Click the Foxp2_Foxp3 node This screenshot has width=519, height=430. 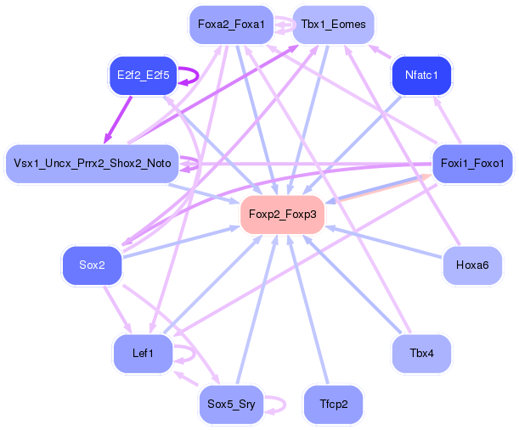coord(282,215)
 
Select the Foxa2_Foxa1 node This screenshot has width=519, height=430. coord(231,25)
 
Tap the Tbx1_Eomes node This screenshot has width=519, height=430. coord(333,25)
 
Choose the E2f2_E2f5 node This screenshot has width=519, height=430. coord(144,75)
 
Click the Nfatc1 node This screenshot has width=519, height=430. coord(421,75)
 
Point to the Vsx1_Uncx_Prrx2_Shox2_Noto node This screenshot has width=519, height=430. coord(93,164)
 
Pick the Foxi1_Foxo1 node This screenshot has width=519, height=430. coord(472,164)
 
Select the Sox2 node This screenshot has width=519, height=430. coord(92,265)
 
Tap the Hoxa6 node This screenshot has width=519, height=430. coord(472,265)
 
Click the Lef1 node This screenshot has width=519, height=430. coord(143,354)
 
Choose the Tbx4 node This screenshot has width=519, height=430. coord(421,354)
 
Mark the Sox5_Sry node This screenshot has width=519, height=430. coord(231,405)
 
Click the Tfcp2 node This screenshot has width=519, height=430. coord(333,405)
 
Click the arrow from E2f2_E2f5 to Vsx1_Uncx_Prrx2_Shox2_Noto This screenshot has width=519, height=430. coord(118,120)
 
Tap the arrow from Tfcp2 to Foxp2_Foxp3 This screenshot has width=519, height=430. coord(308,310)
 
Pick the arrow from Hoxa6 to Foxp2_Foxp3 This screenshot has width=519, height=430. coord(384,243)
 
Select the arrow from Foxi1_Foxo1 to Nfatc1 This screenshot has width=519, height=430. coord(448,120)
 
